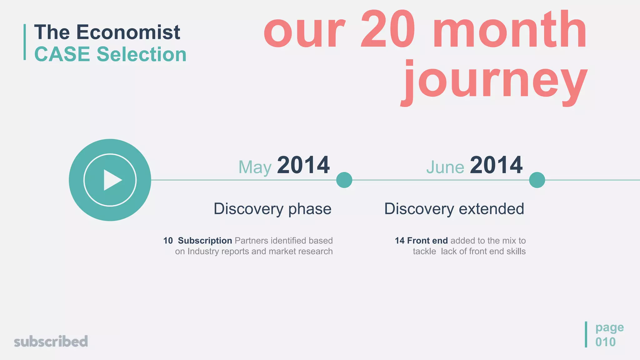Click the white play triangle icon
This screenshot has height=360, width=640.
[x=112, y=180]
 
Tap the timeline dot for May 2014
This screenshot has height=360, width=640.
[x=344, y=180]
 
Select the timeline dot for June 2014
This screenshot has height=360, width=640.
[x=537, y=180]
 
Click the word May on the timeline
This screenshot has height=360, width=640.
[x=255, y=167]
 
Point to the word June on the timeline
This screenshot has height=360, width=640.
[x=445, y=167]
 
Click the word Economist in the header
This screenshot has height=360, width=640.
[x=128, y=32]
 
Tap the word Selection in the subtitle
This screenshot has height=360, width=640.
[x=142, y=54]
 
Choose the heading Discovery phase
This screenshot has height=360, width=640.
[x=272, y=209]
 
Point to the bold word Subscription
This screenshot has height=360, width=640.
[x=205, y=241]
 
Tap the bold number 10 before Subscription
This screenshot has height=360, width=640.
[x=168, y=241]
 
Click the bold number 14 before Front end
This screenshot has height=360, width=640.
[x=399, y=241]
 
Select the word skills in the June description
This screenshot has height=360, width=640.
[x=516, y=251]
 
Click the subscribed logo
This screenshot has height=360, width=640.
[x=51, y=341]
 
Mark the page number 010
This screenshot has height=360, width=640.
[x=605, y=342]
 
